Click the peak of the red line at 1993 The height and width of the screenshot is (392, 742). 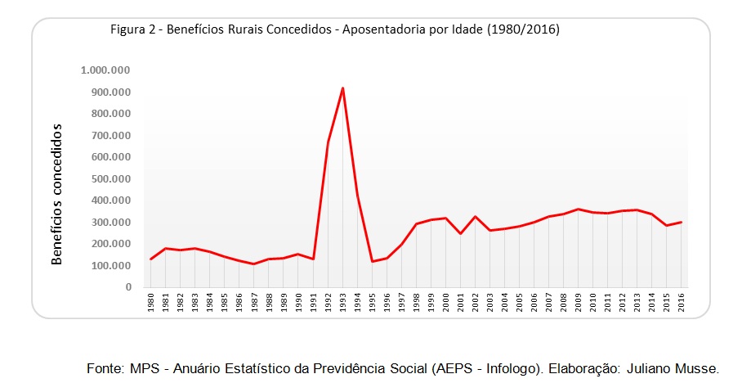click(342, 88)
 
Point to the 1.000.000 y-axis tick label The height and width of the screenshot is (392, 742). click(106, 70)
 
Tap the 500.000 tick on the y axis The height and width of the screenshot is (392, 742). click(109, 178)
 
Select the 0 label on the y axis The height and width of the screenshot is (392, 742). click(128, 287)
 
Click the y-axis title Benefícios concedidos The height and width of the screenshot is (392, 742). click(57, 195)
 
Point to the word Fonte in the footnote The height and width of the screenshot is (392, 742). click(105, 369)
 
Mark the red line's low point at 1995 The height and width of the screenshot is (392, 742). click(373, 262)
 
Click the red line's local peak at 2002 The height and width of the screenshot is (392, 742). click(476, 216)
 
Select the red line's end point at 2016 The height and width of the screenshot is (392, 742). click(682, 222)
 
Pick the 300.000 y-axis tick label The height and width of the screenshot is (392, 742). click(109, 222)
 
